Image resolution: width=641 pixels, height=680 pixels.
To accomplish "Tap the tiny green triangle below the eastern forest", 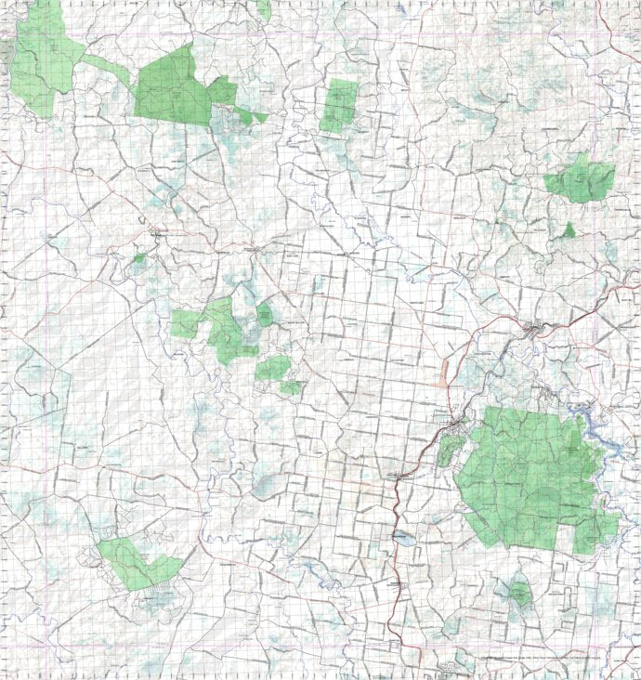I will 569,229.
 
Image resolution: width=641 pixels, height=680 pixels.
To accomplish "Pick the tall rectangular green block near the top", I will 339,105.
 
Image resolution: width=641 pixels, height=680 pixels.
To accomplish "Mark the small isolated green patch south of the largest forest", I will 517,591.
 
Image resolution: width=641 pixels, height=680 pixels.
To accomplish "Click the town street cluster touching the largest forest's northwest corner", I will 458,425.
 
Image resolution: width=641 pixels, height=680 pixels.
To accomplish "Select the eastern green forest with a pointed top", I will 581,179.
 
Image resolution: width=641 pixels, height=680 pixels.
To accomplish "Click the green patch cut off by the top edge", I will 264,9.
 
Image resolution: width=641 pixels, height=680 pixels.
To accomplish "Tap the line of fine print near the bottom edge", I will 557,660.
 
